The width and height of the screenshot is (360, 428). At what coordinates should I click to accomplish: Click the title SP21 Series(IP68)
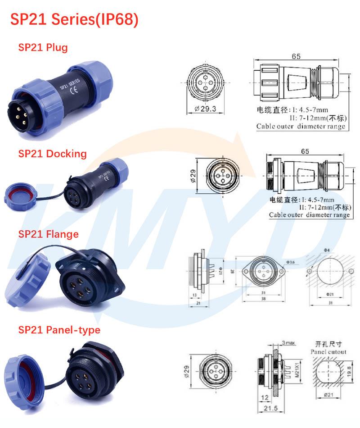[x=74, y=19]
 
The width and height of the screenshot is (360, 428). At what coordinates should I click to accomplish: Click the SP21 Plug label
[x=43, y=47]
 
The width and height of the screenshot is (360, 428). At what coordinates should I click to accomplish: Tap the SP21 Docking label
[x=52, y=153]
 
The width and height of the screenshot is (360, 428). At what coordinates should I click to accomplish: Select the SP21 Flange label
[x=48, y=234]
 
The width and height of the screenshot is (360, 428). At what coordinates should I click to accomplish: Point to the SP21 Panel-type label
[x=59, y=330]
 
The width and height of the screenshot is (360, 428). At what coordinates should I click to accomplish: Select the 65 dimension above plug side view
[x=296, y=56]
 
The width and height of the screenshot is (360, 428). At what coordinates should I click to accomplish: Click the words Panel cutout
[x=328, y=351]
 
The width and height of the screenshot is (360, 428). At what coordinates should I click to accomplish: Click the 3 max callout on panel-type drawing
[x=288, y=343]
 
